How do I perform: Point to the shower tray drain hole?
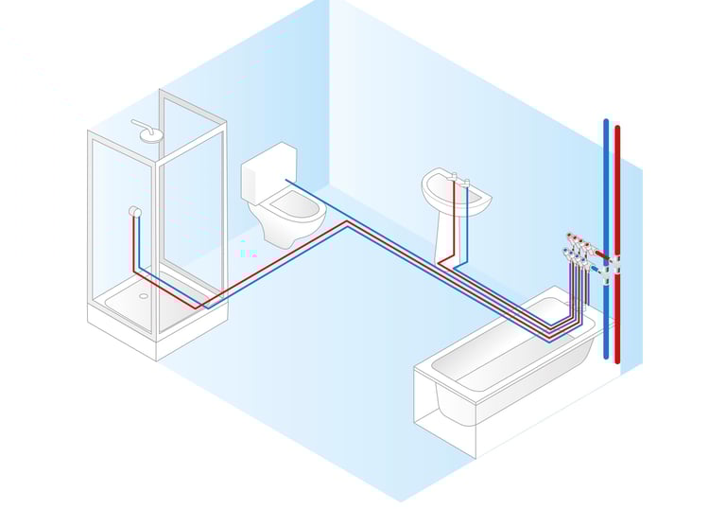pyautogui.click(x=144, y=294)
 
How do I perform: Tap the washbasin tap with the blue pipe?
pyautogui.click(x=466, y=181)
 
